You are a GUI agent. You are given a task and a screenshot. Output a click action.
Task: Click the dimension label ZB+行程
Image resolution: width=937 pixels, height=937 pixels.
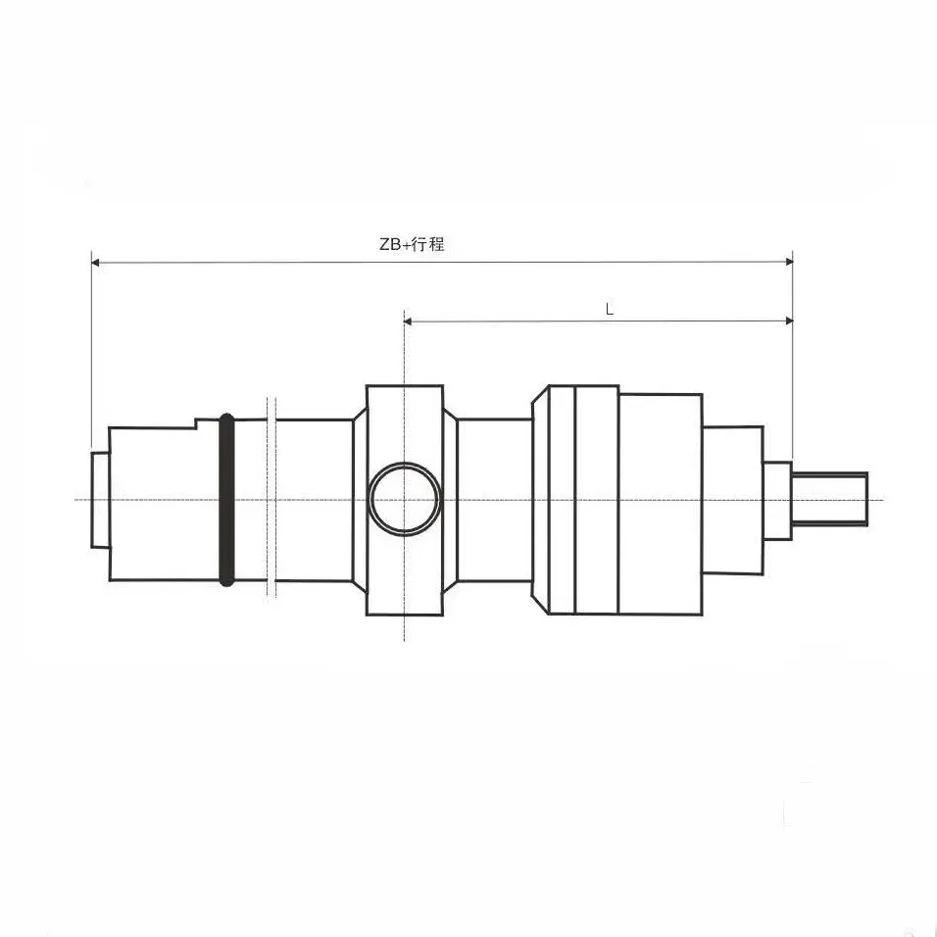pyautogui.click(x=412, y=245)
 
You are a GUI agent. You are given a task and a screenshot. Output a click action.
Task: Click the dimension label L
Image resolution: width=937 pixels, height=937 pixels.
pyautogui.click(x=609, y=308)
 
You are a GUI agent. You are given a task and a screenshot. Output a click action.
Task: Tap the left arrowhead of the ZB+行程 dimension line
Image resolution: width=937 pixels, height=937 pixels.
pyautogui.click(x=96, y=262)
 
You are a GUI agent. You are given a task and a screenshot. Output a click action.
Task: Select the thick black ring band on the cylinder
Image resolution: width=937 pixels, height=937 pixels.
pyautogui.click(x=226, y=500)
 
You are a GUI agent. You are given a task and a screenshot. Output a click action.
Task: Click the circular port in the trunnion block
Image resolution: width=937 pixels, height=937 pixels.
pyautogui.click(x=404, y=498)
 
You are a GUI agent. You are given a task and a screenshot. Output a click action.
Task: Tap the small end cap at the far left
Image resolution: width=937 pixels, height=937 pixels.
pyautogui.click(x=99, y=499)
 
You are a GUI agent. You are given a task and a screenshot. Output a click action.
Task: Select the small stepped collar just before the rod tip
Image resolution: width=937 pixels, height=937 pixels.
pyautogui.click(x=777, y=500)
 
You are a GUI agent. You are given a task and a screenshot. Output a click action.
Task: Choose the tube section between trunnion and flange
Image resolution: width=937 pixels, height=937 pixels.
pyautogui.click(x=495, y=500)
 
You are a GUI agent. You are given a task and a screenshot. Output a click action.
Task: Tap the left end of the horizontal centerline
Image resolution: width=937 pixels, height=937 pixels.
pyautogui.click(x=78, y=500)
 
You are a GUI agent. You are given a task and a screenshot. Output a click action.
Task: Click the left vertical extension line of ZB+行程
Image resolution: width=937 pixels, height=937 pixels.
pyautogui.click(x=91, y=353)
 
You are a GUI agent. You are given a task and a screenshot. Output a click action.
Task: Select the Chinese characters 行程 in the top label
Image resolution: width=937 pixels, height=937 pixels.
pyautogui.click(x=428, y=245)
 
